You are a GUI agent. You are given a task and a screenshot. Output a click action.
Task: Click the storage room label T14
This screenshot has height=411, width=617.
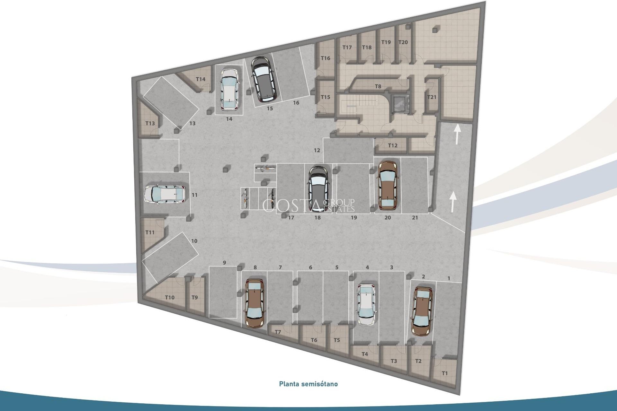pyautogui.click(x=201, y=79)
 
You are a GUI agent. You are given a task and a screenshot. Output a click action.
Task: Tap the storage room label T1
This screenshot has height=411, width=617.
pyautogui.click(x=444, y=373)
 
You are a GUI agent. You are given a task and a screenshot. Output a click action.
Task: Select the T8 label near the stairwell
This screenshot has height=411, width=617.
pyautogui.click(x=378, y=86)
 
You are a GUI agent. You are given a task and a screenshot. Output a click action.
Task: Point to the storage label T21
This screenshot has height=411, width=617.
pyautogui.click(x=432, y=97)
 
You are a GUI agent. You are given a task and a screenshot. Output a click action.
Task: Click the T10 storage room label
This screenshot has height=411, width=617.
pyautogui.click(x=170, y=297)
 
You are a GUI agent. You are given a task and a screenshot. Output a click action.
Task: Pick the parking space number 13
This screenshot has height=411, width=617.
pyautogui.click(x=192, y=123)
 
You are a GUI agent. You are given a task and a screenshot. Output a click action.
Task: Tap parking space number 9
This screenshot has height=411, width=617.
pyautogui.click(x=224, y=263)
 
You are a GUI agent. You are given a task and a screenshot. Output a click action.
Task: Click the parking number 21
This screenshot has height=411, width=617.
pyautogui.click(x=415, y=218)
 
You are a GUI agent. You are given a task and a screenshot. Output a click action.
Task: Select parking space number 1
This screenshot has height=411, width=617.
pyautogui.click(x=449, y=278)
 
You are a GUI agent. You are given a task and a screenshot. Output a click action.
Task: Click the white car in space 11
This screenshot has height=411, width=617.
pyautogui.click(x=165, y=195)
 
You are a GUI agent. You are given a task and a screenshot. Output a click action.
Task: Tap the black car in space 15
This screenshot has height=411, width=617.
pyautogui.click(x=263, y=78)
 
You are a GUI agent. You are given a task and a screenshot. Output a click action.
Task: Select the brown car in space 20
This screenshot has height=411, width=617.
pyautogui.click(x=388, y=185)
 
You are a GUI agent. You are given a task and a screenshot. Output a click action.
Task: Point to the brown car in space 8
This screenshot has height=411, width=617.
pyautogui.click(x=255, y=303)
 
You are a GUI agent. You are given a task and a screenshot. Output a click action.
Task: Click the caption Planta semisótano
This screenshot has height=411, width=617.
pyautogui.click(x=308, y=384)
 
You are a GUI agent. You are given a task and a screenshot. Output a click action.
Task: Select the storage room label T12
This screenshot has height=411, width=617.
pyautogui.click(x=392, y=145)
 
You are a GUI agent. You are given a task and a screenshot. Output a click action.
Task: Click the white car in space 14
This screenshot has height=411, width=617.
pyautogui.click(x=229, y=90)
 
